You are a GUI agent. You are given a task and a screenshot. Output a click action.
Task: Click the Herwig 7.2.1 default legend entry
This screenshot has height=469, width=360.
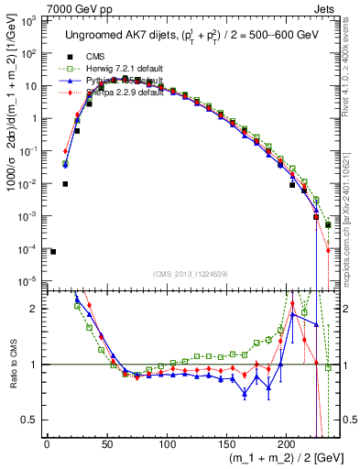(109, 67)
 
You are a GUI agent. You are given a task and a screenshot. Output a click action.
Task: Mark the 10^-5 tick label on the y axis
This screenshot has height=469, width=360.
(29, 281)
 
